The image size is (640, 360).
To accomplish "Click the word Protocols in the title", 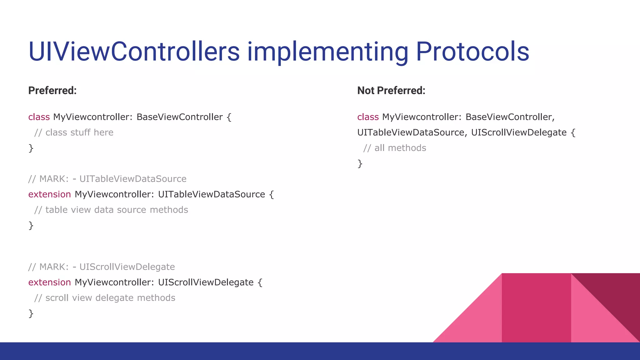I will tap(472, 52).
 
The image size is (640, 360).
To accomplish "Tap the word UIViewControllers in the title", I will tap(134, 52).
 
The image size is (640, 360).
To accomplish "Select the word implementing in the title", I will tap(327, 52).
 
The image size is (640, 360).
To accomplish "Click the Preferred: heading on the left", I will tap(52, 90).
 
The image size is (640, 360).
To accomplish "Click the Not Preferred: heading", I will tap(391, 90).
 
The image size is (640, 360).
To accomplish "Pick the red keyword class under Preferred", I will tap(39, 117).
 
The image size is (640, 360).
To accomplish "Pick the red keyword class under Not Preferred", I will tap(368, 117).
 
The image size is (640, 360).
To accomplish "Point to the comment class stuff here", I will tap(74, 132).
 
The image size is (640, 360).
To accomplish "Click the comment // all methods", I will tap(394, 148).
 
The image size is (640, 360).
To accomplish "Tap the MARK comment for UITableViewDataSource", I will tap(107, 179).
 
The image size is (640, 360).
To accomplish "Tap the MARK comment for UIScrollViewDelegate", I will tap(101, 267).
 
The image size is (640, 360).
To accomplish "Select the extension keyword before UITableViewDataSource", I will tap(49, 194).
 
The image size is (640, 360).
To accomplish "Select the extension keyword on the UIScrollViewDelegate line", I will tap(49, 282).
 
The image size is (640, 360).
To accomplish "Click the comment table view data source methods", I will tap(111, 210).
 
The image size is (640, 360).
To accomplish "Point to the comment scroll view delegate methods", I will tap(105, 298).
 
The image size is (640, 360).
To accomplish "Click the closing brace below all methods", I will tap(360, 163).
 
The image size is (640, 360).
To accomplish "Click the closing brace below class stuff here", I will tap(31, 148).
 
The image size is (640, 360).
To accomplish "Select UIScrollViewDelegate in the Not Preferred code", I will tap(518, 132).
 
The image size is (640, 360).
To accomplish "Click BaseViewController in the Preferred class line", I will tap(179, 117).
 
